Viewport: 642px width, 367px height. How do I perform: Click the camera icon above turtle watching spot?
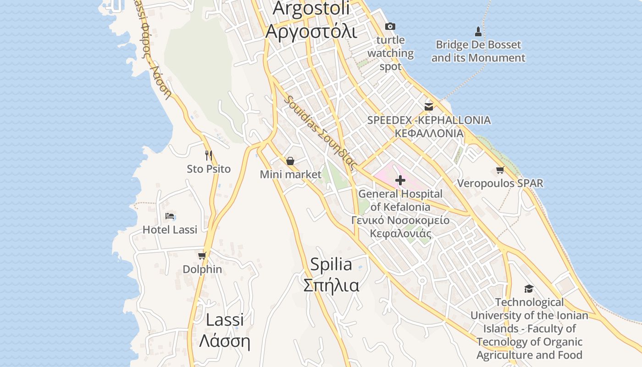390,26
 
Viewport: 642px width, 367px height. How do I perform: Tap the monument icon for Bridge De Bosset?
478,32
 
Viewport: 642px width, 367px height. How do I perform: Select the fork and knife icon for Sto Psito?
209,156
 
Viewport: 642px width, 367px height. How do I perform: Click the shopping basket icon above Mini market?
290,161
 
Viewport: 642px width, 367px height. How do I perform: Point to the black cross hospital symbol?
400,180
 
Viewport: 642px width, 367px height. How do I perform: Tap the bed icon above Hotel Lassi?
170,216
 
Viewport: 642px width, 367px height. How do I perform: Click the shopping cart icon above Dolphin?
202,256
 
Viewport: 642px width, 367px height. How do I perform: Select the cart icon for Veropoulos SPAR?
500,170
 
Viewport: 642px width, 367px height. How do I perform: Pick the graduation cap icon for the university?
529,289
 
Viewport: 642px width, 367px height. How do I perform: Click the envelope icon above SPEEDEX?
429,106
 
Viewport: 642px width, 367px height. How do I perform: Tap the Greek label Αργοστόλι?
311,31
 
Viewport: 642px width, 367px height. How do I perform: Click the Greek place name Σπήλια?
331,285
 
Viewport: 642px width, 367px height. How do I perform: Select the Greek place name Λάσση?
224,341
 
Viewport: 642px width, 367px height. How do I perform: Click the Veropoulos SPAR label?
500,183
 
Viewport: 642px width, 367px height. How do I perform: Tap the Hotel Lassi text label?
170,229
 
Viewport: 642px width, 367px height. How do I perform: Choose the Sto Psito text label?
209,169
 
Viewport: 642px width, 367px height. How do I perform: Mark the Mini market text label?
291,174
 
